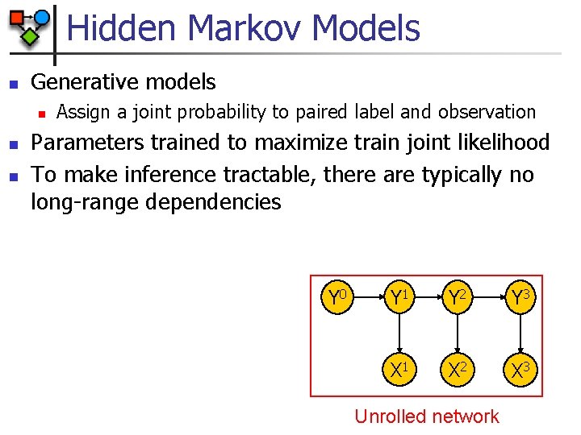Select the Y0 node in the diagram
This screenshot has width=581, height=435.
tap(337, 297)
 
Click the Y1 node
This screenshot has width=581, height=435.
tap(399, 297)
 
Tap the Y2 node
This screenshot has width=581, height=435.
tap(457, 297)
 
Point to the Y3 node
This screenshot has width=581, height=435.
tap(520, 297)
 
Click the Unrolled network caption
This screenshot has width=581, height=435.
tap(427, 416)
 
